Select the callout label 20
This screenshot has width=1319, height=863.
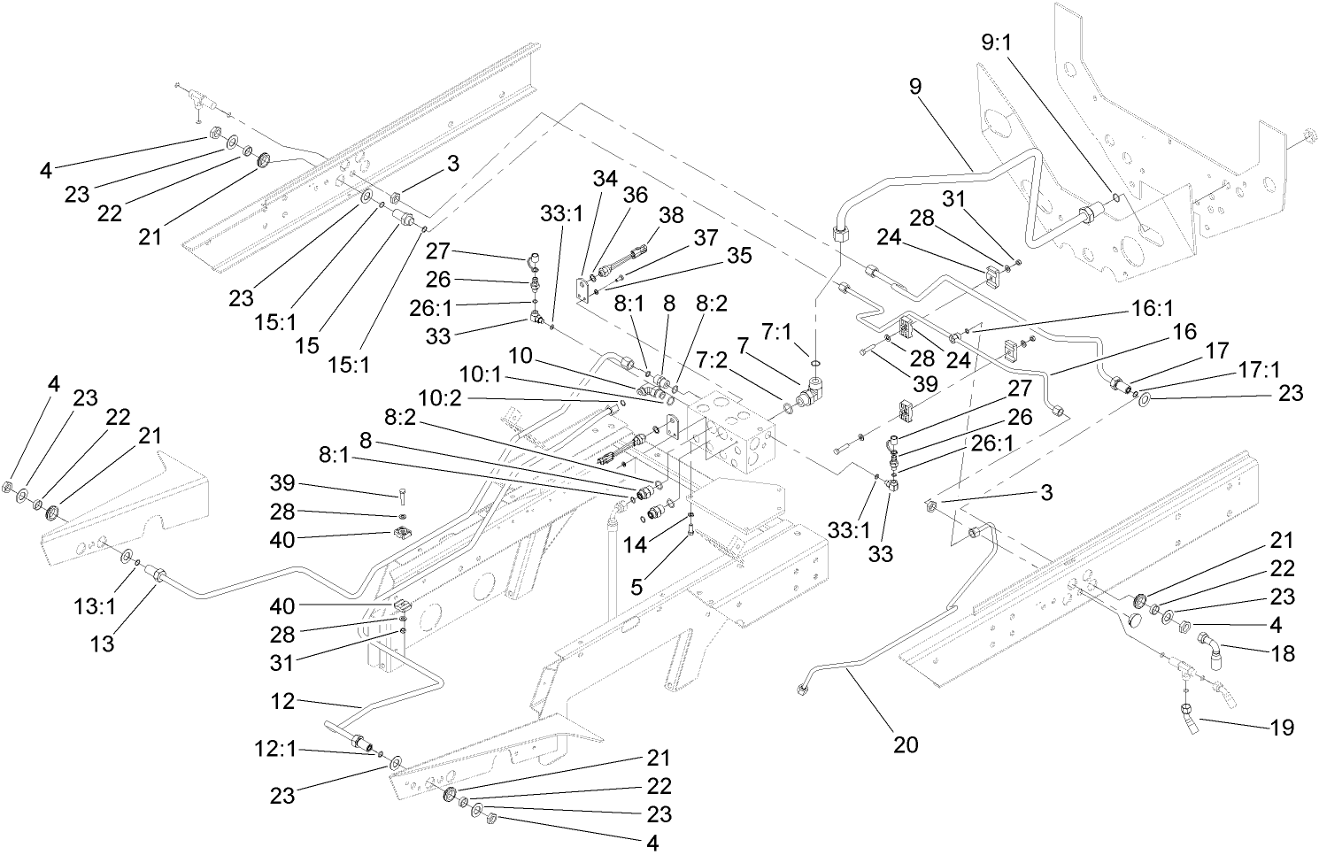905,744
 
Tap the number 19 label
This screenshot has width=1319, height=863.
1281,728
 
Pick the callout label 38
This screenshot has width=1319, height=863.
672,214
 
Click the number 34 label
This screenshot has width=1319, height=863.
605,179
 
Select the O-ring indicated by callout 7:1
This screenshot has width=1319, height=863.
815,363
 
